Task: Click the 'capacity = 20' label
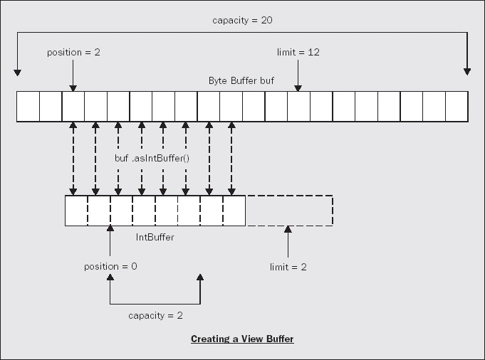click(242, 20)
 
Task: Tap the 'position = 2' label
click(73, 53)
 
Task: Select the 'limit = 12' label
click(299, 53)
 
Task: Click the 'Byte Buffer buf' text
click(241, 80)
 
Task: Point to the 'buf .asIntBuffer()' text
click(152, 158)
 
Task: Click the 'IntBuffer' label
click(155, 237)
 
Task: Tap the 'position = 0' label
click(110, 267)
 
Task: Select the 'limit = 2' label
click(288, 267)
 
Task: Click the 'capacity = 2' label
click(155, 314)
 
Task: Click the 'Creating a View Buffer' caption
click(242, 339)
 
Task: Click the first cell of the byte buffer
click(28, 107)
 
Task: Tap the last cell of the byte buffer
click(456, 107)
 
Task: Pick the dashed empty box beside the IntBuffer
click(289, 211)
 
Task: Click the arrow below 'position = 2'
click(73, 75)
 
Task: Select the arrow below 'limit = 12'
click(299, 75)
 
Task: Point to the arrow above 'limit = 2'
click(288, 242)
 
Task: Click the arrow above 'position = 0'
click(110, 243)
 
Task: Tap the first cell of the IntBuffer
click(76, 211)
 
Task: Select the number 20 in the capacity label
click(266, 20)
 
